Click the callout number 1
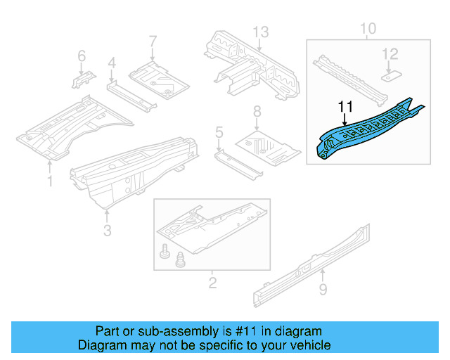pos(50,182)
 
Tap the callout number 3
pos(107,230)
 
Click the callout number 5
pos(219,131)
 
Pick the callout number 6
pos(81,56)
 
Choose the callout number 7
pos(153,41)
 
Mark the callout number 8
pos(257,110)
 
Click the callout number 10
pos(368,29)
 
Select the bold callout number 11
pos(345,106)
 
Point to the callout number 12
pos(390,53)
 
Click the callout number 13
pos(261,32)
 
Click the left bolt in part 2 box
pos(166,251)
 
